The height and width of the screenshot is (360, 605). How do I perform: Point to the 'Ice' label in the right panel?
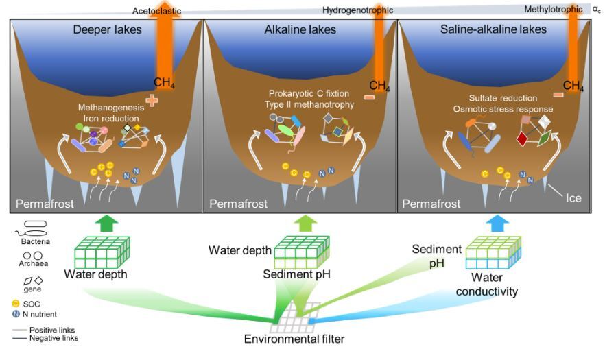tap(573, 199)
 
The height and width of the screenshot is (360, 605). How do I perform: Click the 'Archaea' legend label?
tap(30, 266)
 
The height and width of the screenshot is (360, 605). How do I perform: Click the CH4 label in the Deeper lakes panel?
tap(163, 83)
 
